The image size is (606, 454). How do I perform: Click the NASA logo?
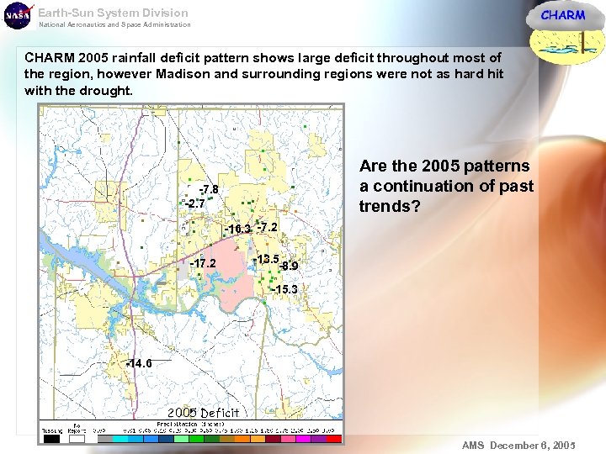[x=17, y=15]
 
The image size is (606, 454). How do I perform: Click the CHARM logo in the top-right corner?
[x=562, y=15]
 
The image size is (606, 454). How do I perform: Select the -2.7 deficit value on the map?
[x=195, y=203]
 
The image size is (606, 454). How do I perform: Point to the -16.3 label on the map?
[x=237, y=229]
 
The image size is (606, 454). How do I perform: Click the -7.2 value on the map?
[x=268, y=227]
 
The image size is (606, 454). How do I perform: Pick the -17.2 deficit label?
[x=203, y=263]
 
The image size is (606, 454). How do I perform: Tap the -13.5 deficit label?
[x=267, y=259]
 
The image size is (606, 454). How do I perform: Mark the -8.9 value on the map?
[x=289, y=267]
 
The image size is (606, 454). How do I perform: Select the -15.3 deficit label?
[x=284, y=289]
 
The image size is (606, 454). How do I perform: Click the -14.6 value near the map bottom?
[x=138, y=363]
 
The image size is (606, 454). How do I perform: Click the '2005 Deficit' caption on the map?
[x=203, y=412]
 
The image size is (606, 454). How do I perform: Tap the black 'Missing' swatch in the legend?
[x=52, y=438]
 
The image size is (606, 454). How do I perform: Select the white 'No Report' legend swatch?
[x=77, y=438]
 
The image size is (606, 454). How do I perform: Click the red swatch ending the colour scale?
[x=334, y=438]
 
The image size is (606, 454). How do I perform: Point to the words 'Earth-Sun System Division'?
[x=113, y=13]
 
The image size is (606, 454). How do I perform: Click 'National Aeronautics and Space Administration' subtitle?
[x=114, y=24]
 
